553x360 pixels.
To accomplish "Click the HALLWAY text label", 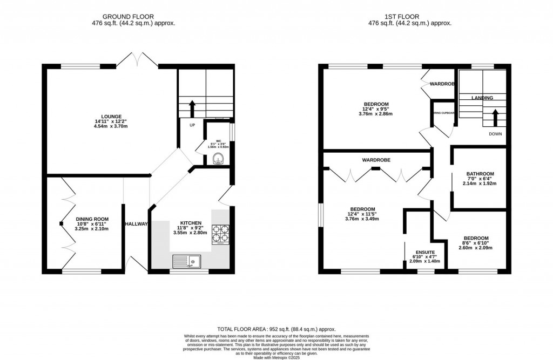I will click(x=136, y=224).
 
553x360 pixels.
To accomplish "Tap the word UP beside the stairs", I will click(x=192, y=125).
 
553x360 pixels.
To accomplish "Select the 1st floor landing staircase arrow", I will click(x=494, y=116).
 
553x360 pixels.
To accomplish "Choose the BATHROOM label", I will click(x=480, y=174).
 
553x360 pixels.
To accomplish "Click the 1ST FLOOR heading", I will click(x=409, y=17).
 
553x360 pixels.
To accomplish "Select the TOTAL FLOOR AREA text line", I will click(x=276, y=329).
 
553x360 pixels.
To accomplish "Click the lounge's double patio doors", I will click(x=138, y=59).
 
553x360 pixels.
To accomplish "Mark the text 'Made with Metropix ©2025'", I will click(x=276, y=357).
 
